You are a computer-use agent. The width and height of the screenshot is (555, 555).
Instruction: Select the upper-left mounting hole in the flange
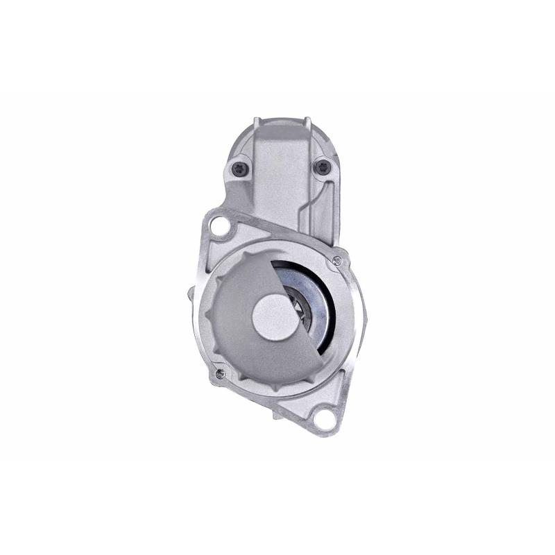pos(221,225)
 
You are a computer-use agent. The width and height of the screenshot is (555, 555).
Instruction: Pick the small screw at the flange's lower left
pos(221,374)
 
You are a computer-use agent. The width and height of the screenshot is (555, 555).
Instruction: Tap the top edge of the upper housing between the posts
pos(281,119)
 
